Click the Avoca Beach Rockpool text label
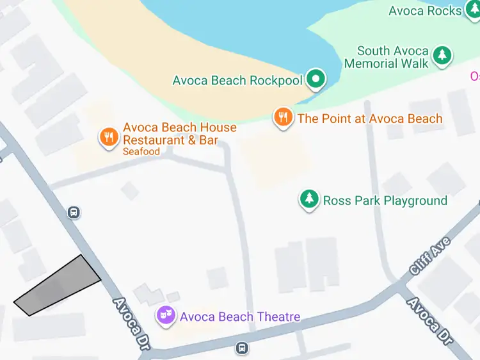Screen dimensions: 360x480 pyautogui.click(x=236, y=81)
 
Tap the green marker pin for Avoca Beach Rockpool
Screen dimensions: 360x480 pyautogui.click(x=315, y=79)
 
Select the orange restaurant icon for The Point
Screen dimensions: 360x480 pyautogui.click(x=283, y=118)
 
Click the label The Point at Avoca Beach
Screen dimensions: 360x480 pyautogui.click(x=369, y=119)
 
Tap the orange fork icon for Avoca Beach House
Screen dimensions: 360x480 pyautogui.click(x=108, y=137)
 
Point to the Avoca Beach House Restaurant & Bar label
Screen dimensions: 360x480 pyautogui.click(x=179, y=134)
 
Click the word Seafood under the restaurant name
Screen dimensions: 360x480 pyautogui.click(x=141, y=152)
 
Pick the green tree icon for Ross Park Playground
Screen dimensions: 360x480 pyautogui.click(x=309, y=200)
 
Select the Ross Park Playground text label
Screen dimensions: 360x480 pyautogui.click(x=385, y=200)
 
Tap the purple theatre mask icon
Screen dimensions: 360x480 pyautogui.click(x=166, y=316)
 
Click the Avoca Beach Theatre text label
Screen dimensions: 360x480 pyautogui.click(x=239, y=316)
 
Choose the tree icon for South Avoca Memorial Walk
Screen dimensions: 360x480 pyautogui.click(x=442, y=56)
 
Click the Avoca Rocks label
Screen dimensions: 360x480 pyautogui.click(x=425, y=11)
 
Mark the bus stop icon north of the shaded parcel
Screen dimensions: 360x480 pyautogui.click(x=74, y=212)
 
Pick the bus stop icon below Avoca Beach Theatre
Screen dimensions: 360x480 pyautogui.click(x=241, y=348)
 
